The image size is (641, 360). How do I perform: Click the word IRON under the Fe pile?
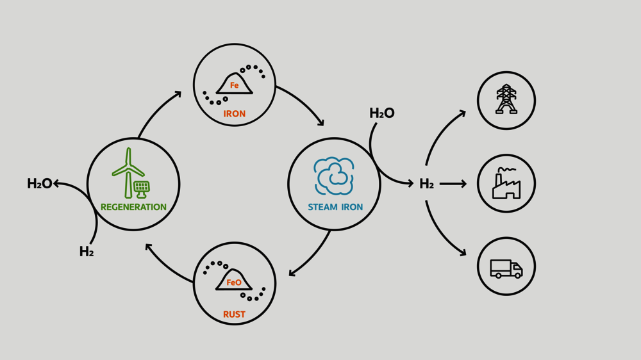(235, 114)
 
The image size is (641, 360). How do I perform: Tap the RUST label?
(235, 315)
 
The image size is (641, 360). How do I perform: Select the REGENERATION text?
(133, 207)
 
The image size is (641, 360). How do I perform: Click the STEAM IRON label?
(335, 207)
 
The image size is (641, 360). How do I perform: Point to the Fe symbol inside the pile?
(235, 86)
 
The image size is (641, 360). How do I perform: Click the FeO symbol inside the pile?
(234, 282)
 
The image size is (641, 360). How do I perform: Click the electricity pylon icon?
(506, 100)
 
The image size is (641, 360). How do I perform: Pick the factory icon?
(506, 184)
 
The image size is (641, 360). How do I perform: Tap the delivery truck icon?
(506, 268)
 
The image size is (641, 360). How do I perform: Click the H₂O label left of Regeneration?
(40, 184)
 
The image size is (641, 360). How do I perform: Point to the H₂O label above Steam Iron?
(382, 113)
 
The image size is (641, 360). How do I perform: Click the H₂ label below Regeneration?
(87, 252)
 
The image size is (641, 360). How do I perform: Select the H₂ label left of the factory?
(426, 184)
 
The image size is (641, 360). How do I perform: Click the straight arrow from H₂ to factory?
(453, 184)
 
